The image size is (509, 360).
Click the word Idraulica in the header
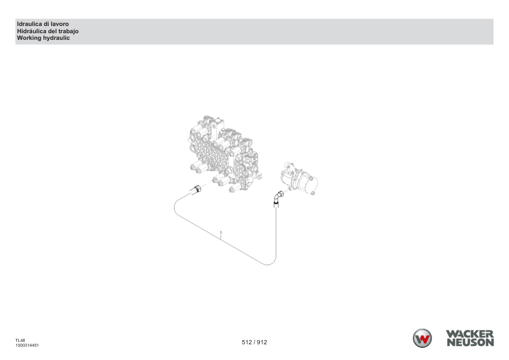click(30, 24)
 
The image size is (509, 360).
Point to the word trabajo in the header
click(68, 31)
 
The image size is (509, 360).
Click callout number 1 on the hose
click(221, 233)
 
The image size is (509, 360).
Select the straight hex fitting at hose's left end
click(196, 190)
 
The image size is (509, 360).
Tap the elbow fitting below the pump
click(277, 198)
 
